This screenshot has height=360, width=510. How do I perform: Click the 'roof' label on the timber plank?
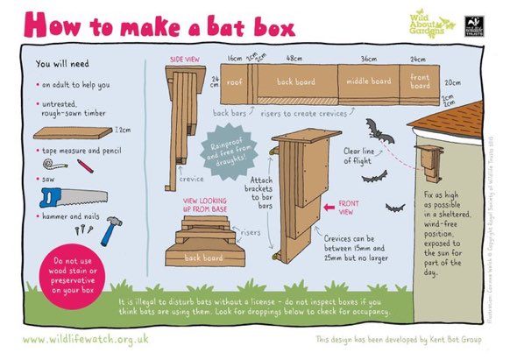[236, 82]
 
